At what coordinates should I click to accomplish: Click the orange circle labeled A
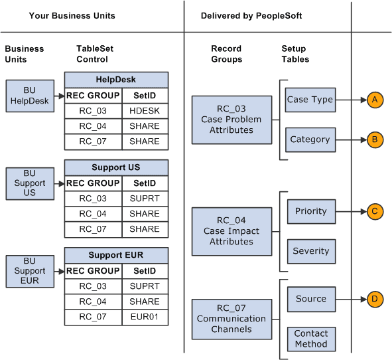(375, 100)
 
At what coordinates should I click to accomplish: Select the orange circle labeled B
(375, 139)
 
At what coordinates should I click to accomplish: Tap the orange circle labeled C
(375, 212)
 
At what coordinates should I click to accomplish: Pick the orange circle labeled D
(375, 299)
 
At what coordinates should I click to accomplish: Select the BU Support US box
(31, 183)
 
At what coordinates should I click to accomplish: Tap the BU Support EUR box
(31, 270)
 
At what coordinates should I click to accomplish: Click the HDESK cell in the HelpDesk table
(145, 110)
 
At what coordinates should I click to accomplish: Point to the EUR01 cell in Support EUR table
(145, 317)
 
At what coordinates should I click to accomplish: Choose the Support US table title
(117, 167)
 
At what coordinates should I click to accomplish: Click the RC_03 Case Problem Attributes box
(231, 120)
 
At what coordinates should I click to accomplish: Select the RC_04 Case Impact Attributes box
(231, 231)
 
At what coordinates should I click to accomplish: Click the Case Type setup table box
(310, 100)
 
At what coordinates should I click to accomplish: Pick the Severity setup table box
(310, 251)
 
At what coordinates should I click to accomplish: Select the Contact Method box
(310, 339)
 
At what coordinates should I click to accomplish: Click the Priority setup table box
(310, 211)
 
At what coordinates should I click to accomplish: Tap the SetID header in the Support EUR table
(145, 271)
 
